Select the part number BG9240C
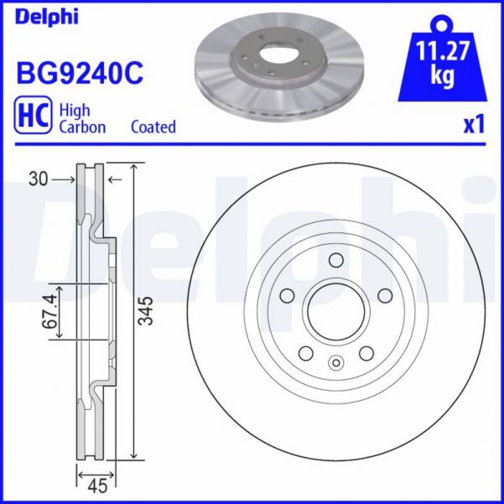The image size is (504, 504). point(80,73)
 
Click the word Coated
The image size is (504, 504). point(153,127)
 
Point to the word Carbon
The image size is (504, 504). point(82,127)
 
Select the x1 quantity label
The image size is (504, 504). point(475,124)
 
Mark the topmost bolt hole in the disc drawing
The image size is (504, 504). point(335,259)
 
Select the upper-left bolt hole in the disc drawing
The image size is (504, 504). point(287,295)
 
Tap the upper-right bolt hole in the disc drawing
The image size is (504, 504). point(384,295)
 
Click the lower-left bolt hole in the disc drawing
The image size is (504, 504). point(305,352)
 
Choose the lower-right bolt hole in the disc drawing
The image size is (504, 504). point(366,352)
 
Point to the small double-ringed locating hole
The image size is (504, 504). point(335,363)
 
